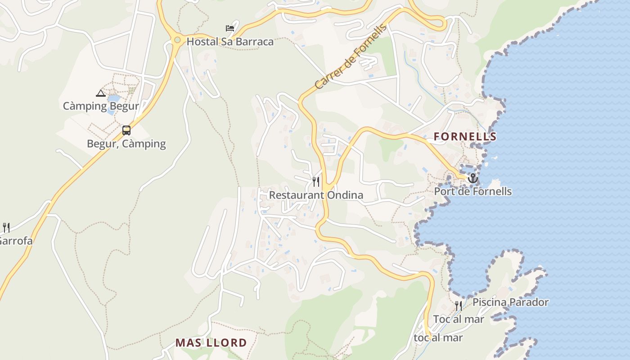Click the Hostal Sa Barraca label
[230, 42]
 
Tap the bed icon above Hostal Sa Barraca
[230, 28]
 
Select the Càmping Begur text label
[101, 106]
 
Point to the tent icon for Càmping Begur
[101, 93]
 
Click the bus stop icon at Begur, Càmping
[126, 130]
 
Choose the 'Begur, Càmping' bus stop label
[126, 144]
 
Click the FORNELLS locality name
[465, 137]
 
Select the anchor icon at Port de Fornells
[472, 179]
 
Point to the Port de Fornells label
[472, 192]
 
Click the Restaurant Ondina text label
[316, 195]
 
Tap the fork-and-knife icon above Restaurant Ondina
[316, 182]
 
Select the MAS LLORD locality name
[211, 343]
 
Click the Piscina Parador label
[510, 302]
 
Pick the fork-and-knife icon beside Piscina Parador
[459, 306]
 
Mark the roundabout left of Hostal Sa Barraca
[177, 40]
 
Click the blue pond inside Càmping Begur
[113, 98]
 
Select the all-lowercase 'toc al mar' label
[438, 338]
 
